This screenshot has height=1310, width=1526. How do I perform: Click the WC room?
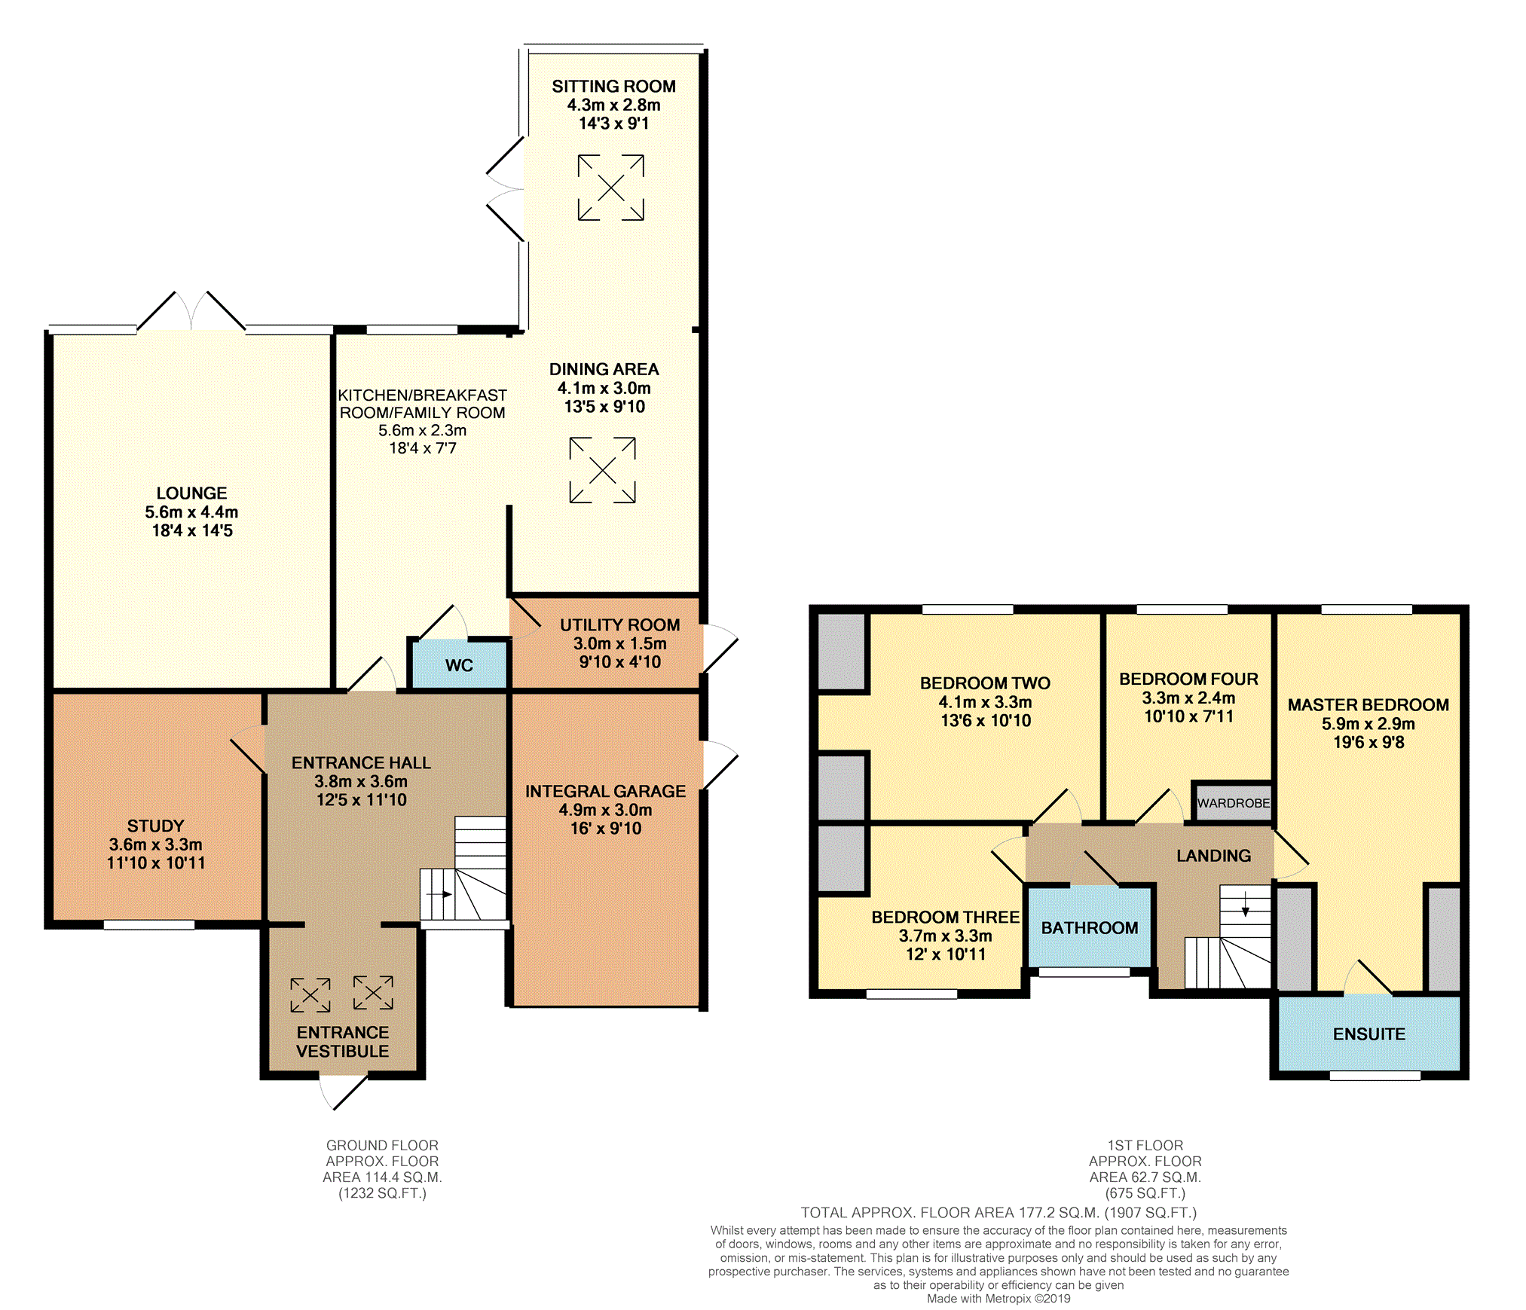(x=459, y=664)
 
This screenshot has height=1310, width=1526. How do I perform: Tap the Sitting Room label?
(x=613, y=87)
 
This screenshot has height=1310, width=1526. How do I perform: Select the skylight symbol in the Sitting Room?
(x=611, y=188)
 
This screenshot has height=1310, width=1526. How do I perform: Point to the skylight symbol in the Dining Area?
(x=602, y=470)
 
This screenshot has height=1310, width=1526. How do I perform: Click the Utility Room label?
(x=619, y=625)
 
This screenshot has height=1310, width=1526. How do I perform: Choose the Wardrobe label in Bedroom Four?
(x=1234, y=803)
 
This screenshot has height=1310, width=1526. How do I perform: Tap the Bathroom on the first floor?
(x=1090, y=928)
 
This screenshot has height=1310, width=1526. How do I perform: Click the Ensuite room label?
(x=1369, y=1034)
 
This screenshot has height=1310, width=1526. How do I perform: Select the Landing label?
(x=1213, y=856)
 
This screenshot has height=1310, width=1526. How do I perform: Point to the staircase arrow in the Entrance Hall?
(x=439, y=895)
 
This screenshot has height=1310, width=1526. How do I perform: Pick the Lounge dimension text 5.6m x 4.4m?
(x=191, y=512)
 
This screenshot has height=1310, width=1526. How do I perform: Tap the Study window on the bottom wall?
(x=149, y=925)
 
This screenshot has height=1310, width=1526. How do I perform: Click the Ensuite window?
(x=1375, y=1076)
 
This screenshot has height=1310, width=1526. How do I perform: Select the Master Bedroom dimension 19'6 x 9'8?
(x=1369, y=742)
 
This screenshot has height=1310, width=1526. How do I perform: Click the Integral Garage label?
(x=606, y=792)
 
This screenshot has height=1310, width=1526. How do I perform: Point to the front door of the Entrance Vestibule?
(x=344, y=1092)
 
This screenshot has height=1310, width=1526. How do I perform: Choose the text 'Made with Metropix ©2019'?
(x=998, y=1299)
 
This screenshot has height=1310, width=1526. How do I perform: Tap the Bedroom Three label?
(x=945, y=918)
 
